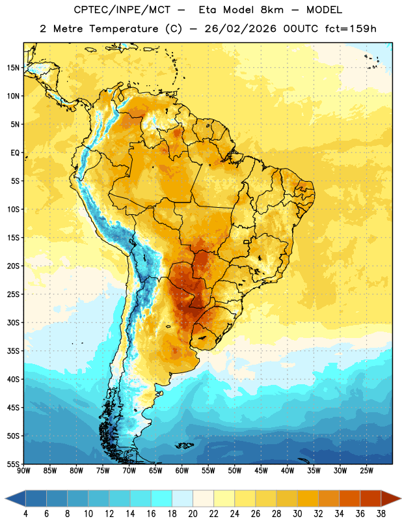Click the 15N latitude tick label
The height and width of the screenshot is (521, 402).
click(13, 68)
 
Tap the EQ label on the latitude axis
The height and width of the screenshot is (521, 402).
click(15, 153)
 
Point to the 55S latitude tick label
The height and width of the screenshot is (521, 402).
click(13, 464)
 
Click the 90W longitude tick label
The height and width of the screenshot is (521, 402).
click(23, 471)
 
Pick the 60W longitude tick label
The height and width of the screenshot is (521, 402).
click(182, 471)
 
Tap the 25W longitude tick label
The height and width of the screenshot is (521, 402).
click(366, 471)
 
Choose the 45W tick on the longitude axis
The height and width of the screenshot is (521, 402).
click(261, 471)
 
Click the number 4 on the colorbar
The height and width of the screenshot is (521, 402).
click(25, 514)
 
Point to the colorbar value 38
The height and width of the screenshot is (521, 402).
click(381, 514)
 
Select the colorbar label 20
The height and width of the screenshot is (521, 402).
click(193, 514)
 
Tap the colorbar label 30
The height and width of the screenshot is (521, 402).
click(297, 514)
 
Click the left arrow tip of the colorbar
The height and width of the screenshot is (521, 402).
click(5, 499)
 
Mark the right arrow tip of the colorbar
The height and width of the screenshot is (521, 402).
click(401, 499)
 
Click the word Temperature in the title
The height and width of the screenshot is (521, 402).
click(124, 29)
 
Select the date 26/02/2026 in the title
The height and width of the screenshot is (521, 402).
click(240, 29)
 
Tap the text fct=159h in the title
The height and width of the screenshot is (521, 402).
click(351, 29)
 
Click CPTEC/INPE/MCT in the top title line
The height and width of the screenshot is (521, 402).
click(122, 10)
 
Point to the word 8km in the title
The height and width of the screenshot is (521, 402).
click(272, 10)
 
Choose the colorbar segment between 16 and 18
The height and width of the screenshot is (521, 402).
click(162, 499)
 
